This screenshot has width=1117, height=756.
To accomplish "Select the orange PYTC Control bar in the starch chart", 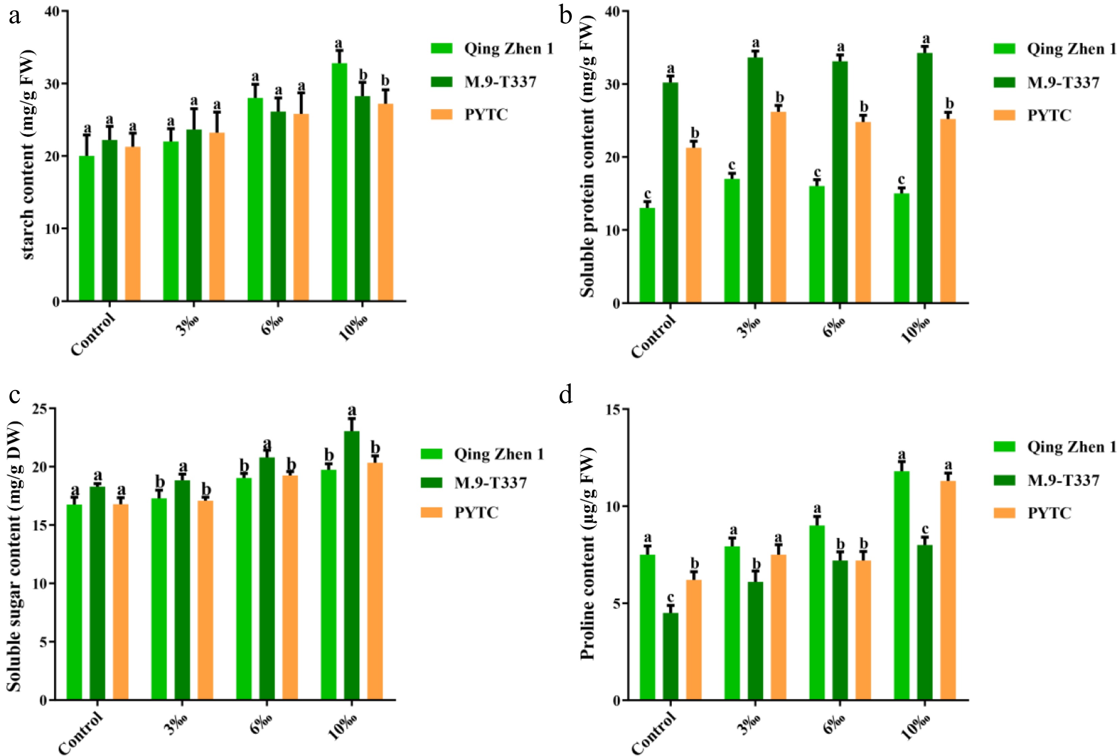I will pos(133,224).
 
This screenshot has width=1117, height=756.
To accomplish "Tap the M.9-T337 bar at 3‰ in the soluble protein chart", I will pos(755,180).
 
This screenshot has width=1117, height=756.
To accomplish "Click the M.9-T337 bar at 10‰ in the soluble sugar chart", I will pos(351,565).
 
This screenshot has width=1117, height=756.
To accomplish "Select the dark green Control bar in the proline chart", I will pos(670,656).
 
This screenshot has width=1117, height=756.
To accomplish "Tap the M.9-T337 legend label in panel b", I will pos(1063,83).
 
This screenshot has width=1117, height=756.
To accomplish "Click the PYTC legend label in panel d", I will pos(1049,513).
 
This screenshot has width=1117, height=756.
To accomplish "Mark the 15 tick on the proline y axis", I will pos(613,409).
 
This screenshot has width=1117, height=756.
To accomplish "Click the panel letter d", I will pos(566,395).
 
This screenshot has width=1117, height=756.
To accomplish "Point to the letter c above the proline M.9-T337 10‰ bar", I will pos(925,530).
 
